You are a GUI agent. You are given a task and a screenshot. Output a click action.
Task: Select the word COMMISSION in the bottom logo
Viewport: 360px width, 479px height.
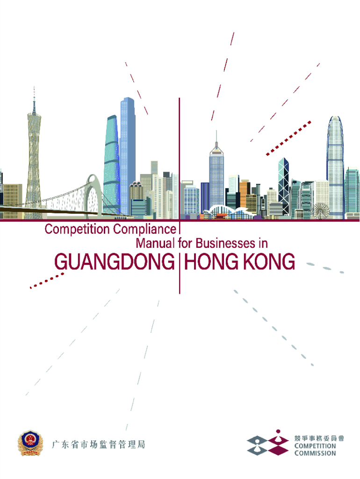(315, 453)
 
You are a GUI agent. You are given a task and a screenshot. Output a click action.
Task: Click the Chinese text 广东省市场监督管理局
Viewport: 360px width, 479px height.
(98, 444)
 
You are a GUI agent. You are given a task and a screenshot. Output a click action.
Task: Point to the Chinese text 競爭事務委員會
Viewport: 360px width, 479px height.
(319, 438)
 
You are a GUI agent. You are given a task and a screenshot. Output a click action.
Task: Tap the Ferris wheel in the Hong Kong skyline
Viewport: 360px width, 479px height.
(320, 210)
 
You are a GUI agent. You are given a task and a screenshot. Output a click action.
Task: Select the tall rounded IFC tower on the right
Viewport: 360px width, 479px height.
(335, 164)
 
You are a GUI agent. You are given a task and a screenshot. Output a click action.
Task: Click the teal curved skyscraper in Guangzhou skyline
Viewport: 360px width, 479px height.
(111, 164)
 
